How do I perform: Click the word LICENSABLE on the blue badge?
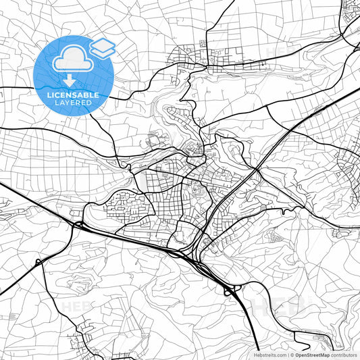point(73,95)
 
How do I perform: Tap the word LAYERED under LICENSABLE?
point(73,104)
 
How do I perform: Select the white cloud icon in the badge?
point(74,60)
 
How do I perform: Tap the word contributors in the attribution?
point(344,355)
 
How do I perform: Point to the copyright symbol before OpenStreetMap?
point(292,355)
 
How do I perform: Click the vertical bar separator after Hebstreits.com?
point(288,355)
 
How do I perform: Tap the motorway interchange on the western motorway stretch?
point(78,224)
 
